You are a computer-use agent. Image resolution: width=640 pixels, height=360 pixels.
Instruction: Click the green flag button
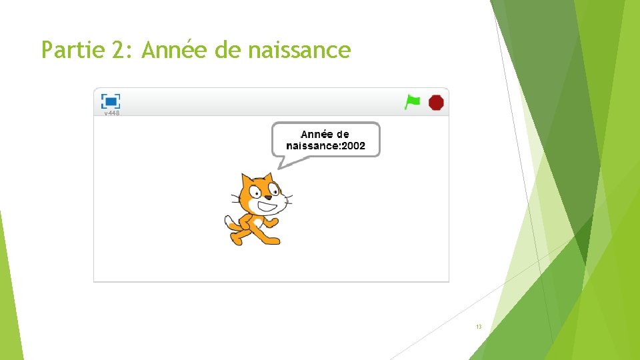pyautogui.click(x=413, y=102)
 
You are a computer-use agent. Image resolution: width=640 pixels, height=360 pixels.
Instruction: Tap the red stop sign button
pyautogui.click(x=436, y=102)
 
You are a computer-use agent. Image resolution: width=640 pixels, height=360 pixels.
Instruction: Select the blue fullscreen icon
pyautogui.click(x=111, y=101)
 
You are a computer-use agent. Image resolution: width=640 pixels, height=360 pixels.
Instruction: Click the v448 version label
pyautogui.click(x=111, y=113)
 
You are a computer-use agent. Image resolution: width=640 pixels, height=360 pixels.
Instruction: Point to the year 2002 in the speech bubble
pyautogui.click(x=353, y=146)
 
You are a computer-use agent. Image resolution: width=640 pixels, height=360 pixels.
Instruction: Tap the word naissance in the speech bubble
pyautogui.click(x=312, y=146)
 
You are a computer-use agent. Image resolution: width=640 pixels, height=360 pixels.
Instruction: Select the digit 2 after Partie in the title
pyautogui.click(x=121, y=50)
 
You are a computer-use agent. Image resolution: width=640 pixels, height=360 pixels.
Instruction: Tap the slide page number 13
pyautogui.click(x=479, y=327)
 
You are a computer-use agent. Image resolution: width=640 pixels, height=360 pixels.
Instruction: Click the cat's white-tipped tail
pyautogui.click(x=229, y=221)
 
